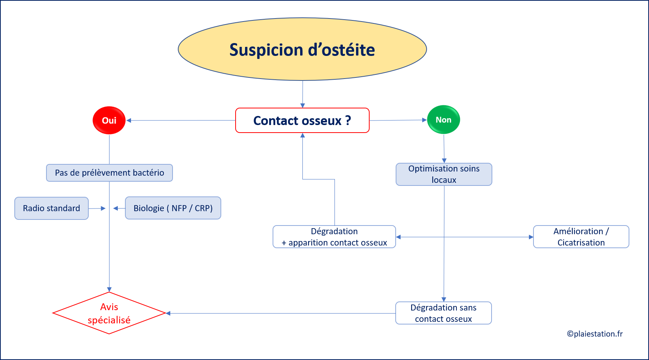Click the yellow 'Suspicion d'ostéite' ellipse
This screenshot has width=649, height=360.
click(x=302, y=49)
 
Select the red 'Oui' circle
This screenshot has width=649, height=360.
click(x=109, y=121)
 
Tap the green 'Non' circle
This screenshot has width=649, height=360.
click(x=444, y=120)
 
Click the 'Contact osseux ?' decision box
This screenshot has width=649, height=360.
click(x=302, y=121)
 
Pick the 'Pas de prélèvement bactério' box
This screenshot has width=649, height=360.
click(x=109, y=173)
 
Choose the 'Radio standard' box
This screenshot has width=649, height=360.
click(x=51, y=208)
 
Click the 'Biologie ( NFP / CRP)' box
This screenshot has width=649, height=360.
click(x=173, y=208)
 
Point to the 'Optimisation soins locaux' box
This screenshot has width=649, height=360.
click(x=444, y=174)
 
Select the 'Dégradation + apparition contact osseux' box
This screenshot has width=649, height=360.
click(x=334, y=237)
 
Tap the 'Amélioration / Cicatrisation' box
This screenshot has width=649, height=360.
click(x=581, y=237)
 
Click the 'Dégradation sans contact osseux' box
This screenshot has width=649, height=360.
click(x=444, y=313)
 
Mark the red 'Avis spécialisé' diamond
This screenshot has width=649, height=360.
click(x=109, y=313)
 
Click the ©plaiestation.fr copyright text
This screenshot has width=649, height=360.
click(x=595, y=334)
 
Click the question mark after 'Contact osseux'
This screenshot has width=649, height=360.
click(x=348, y=120)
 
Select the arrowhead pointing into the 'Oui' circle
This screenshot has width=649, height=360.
click(x=129, y=121)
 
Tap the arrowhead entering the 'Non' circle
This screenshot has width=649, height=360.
click(x=424, y=120)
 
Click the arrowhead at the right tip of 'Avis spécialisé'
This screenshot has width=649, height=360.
click(x=168, y=313)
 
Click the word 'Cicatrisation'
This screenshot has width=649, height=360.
click(x=581, y=243)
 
